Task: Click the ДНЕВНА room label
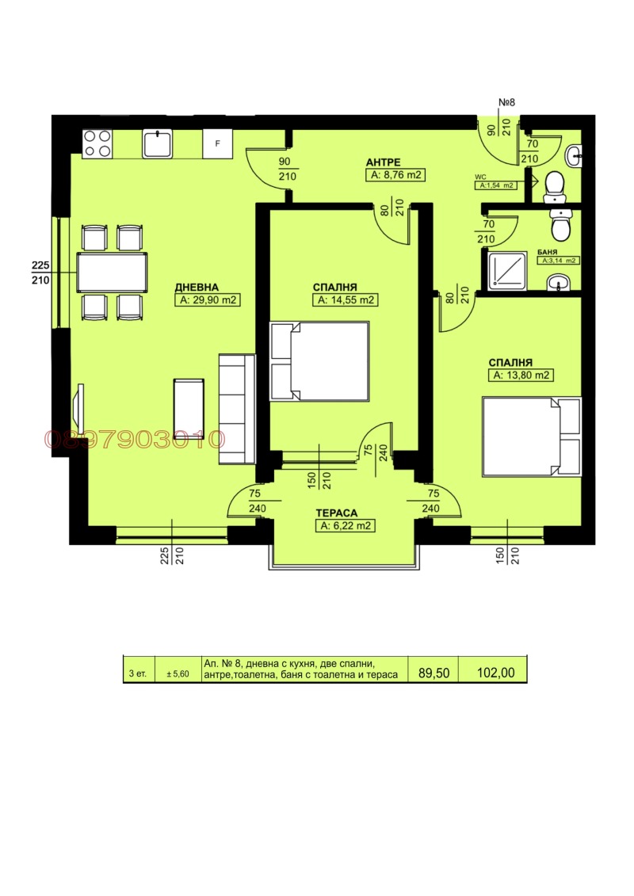[197, 287]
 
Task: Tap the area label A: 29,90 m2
[208, 300]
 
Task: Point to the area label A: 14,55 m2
[346, 300]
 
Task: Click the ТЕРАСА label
[344, 512]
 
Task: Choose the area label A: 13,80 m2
[521, 376]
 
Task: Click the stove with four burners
[97, 143]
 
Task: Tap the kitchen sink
[158, 143]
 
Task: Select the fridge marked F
[217, 144]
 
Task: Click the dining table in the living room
[112, 273]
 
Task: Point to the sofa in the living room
[237, 408]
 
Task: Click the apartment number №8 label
[507, 102]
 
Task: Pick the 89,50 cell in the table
[433, 673]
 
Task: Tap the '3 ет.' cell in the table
[138, 673]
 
